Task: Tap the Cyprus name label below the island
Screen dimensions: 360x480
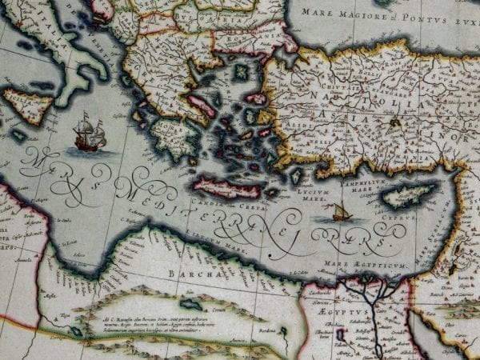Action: [404, 216]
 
